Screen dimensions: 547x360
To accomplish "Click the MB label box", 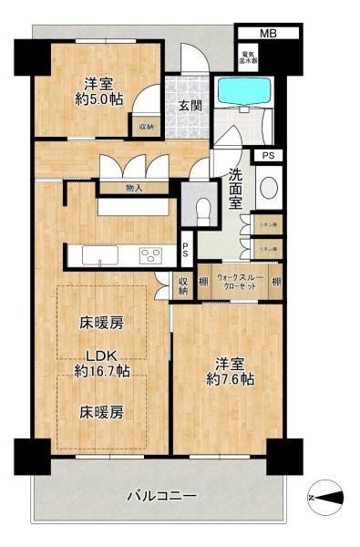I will [267, 33].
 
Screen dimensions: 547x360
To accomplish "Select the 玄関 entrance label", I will [190, 105].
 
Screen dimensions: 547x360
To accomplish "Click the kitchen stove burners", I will [150, 257].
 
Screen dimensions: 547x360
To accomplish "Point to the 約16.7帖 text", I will [102, 371].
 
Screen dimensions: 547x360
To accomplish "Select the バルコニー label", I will [161, 497].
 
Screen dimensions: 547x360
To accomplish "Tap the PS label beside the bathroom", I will [267, 156].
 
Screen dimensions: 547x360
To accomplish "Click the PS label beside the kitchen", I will [185, 245].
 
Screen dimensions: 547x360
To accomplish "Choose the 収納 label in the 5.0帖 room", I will [147, 127].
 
